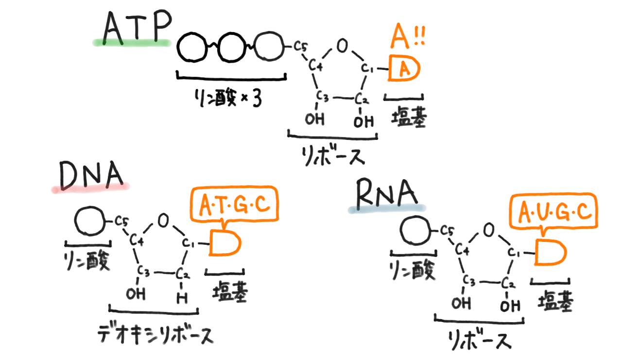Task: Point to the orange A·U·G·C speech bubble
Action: coord(553,212)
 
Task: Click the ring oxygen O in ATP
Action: coord(342,47)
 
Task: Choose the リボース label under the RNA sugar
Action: coord(480,339)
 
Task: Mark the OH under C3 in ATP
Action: coord(315,119)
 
